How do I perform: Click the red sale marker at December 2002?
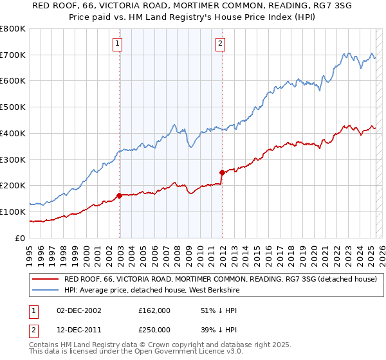point(120,195)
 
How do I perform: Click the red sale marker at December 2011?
point(222,172)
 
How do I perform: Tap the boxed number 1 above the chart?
point(118,44)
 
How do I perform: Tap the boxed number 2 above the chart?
point(220,44)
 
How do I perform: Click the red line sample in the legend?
point(45,279)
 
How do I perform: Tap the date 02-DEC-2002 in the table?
point(78,310)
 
